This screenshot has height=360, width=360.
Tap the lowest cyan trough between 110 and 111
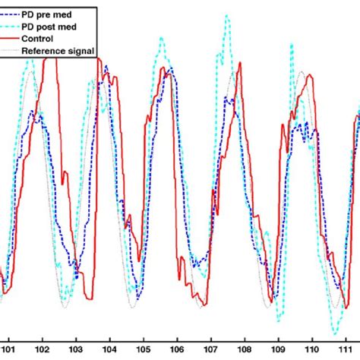[x=334, y=332]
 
